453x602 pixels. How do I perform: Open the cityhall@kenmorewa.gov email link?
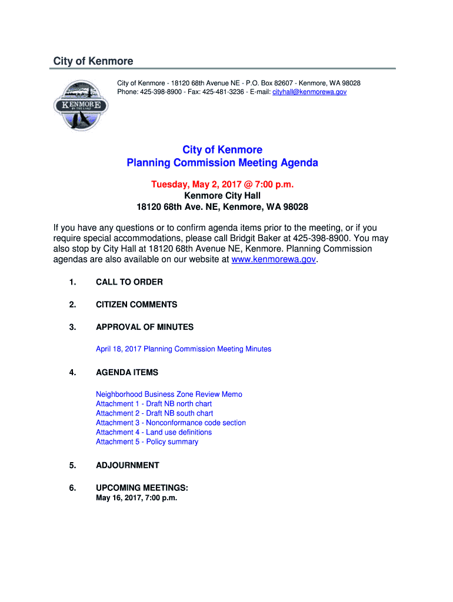pos(309,92)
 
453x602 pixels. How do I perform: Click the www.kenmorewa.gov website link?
pos(274,259)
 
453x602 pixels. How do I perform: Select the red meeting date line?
pos(222,185)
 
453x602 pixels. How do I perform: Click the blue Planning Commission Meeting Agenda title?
pos(222,163)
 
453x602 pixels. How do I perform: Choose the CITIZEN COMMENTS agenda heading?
pos(136,305)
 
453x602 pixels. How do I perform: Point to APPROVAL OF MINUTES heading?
pos(145,327)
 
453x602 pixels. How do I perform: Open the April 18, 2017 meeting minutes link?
pos(184,349)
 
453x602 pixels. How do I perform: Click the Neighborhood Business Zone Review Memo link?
pos(169,394)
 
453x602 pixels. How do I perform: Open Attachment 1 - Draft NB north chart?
pos(154,404)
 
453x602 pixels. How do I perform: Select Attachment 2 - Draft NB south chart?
pos(154,413)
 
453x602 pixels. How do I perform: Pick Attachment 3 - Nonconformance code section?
pos(171,423)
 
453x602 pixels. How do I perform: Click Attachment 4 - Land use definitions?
pos(154,432)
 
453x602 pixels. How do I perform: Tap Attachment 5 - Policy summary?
pos(147,442)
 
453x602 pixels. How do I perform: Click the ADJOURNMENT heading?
pos(128,466)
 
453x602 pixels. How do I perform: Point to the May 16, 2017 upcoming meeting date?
pos(136,498)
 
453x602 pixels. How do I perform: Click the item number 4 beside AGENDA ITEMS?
pos(72,373)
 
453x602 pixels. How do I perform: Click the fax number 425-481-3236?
pos(224,92)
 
